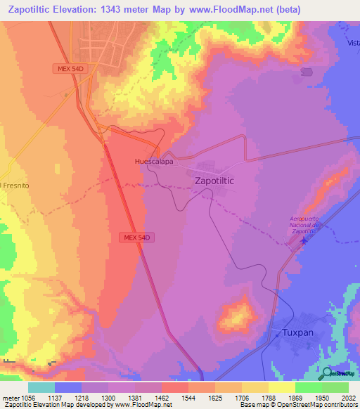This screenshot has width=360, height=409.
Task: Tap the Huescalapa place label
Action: (154, 161)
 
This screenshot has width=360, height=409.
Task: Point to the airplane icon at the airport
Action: (304, 241)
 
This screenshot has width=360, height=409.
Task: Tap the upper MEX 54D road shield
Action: (72, 68)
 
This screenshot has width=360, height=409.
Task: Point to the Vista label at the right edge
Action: (352, 44)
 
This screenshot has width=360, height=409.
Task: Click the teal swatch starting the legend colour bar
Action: (41, 387)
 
